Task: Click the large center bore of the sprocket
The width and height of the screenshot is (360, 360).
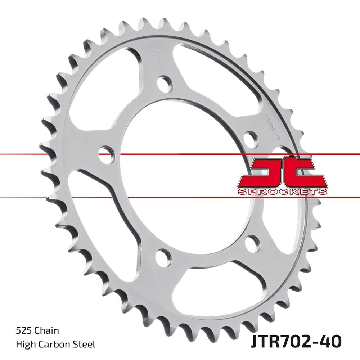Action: (x=180, y=173)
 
